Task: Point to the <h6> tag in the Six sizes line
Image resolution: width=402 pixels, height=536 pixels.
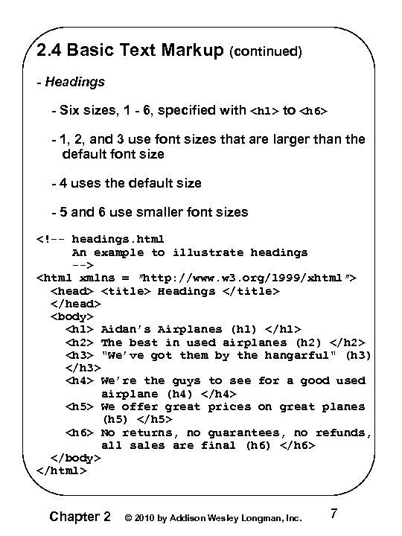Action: [313, 112]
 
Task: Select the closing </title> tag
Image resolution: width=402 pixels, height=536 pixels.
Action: [252, 290]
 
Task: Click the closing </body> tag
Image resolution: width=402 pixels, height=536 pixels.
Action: [75, 458]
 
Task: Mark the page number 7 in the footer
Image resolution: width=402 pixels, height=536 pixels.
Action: [334, 513]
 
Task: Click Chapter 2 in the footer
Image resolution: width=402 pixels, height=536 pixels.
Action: [80, 516]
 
